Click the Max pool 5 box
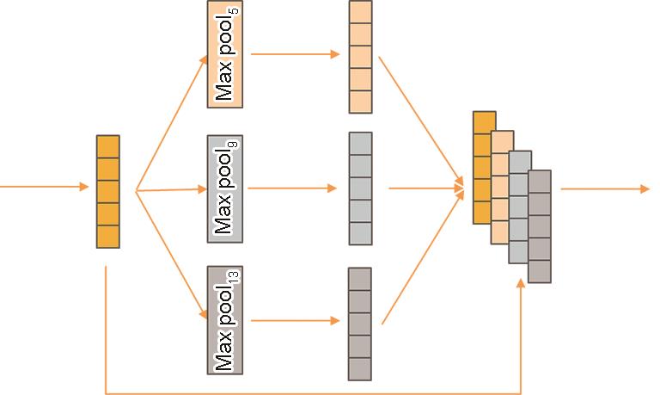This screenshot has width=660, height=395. coord(224,54)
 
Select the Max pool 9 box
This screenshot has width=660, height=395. coord(224,188)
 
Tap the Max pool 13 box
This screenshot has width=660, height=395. coord(224,320)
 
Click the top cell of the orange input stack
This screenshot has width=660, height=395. coord(107,146)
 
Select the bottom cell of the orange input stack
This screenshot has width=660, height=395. coord(107,236)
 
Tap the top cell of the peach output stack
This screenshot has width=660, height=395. coord(360,12)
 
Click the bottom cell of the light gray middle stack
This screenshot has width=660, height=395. coord(360,233)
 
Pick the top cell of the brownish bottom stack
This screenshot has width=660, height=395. coord(359,279)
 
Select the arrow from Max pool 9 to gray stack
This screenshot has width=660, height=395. coord(292,188)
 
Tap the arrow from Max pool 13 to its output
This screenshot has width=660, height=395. coord(292,321)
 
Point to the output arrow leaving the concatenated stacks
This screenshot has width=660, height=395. coord(605,189)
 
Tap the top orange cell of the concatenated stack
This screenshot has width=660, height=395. coord(484,122)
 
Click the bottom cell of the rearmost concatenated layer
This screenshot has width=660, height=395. coord(540,271)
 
